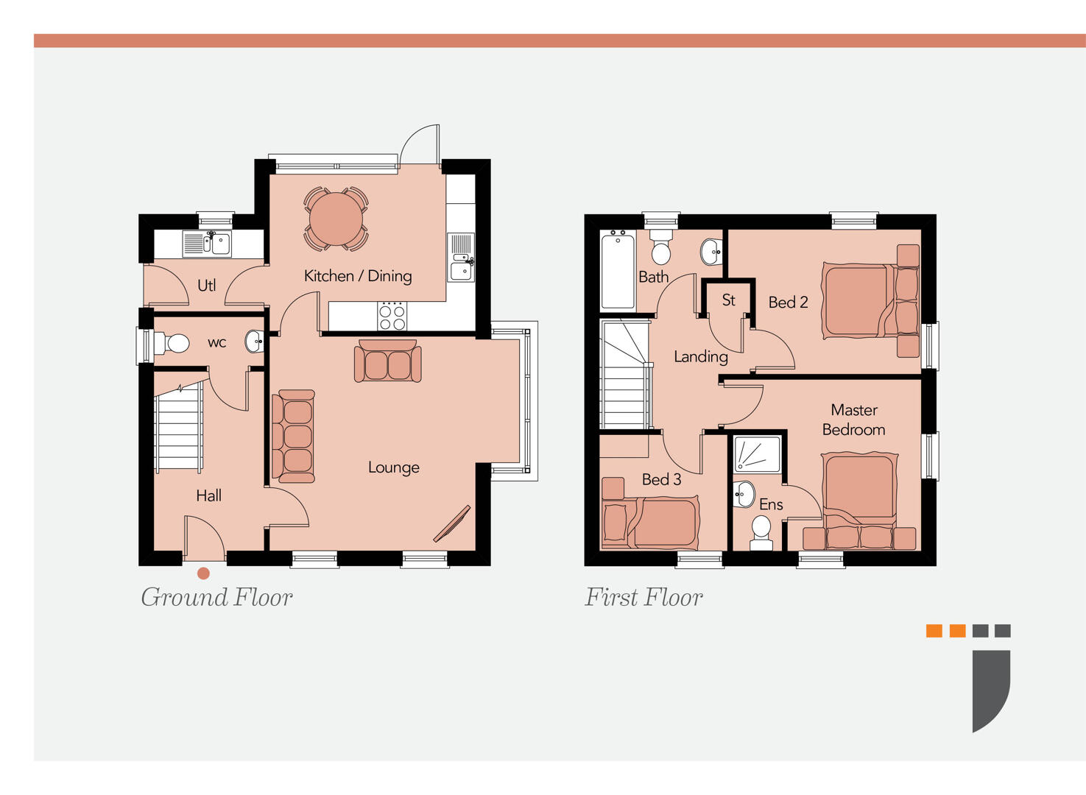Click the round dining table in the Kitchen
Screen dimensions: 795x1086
pyautogui.click(x=336, y=219)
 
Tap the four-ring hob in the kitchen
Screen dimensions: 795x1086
pyautogui.click(x=392, y=317)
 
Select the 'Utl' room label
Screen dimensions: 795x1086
pyautogui.click(x=207, y=286)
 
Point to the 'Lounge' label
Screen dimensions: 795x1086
pyautogui.click(x=393, y=467)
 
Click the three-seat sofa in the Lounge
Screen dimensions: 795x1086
pyautogui.click(x=295, y=437)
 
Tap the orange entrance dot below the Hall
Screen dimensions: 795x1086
pyautogui.click(x=203, y=573)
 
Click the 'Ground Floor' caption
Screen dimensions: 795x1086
pyautogui.click(x=216, y=597)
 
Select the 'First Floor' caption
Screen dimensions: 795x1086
pyautogui.click(x=644, y=597)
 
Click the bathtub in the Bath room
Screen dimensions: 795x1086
pyautogui.click(x=617, y=270)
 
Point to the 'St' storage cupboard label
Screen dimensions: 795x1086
pyautogui.click(x=728, y=300)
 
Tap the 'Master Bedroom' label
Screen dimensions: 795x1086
pyautogui.click(x=853, y=420)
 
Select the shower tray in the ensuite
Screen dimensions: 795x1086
pyautogui.click(x=757, y=454)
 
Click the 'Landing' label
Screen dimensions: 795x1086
pyautogui.click(x=700, y=357)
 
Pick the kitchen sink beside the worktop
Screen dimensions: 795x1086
pyautogui.click(x=462, y=258)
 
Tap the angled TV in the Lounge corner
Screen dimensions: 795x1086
pyautogui.click(x=451, y=524)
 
